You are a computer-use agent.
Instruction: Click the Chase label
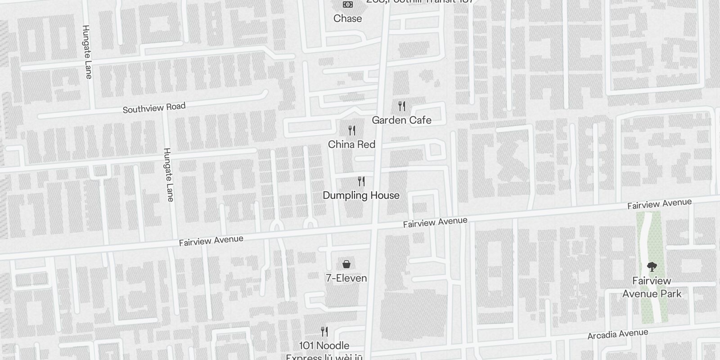point(347,18)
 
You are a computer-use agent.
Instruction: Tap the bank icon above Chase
point(347,4)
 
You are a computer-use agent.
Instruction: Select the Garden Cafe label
point(401,120)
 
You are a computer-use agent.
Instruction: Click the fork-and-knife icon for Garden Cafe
point(402,106)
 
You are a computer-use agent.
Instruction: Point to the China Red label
point(351,144)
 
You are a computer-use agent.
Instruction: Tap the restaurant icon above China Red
point(352,130)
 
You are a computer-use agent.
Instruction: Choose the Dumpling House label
point(361,195)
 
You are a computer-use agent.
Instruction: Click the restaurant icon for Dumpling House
point(361,181)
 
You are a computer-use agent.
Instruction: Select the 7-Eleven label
point(346,278)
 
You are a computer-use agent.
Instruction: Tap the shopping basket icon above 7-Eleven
point(346,264)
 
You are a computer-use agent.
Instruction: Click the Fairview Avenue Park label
point(652,287)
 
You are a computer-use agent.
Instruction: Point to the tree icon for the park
point(652,267)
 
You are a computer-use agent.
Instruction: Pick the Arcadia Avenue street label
point(618,334)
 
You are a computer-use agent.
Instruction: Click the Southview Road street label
point(154,108)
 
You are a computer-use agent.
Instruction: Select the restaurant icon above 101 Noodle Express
point(324,332)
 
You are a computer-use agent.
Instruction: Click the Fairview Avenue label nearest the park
point(659,204)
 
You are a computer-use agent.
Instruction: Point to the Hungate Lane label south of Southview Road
point(168,175)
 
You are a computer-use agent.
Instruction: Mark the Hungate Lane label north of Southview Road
point(87,52)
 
